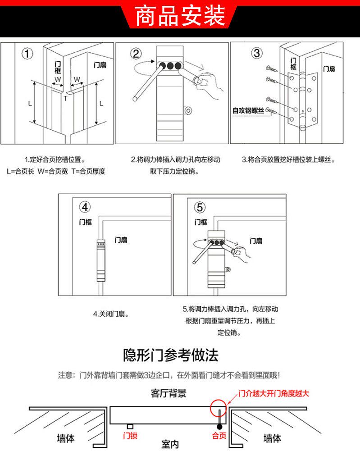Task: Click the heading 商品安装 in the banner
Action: (180, 17)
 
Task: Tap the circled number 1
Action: (27, 54)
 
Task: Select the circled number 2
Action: (136, 54)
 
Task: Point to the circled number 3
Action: (257, 53)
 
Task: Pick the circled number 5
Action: (200, 207)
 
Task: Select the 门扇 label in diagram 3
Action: (329, 69)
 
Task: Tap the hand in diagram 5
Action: (243, 253)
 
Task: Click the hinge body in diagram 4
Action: (100, 261)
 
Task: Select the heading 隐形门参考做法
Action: (171, 355)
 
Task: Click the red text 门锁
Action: (130, 436)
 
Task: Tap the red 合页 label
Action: (219, 436)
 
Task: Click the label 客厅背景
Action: (169, 393)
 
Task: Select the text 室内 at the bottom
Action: (170, 445)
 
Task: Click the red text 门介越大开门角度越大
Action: (273, 393)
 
